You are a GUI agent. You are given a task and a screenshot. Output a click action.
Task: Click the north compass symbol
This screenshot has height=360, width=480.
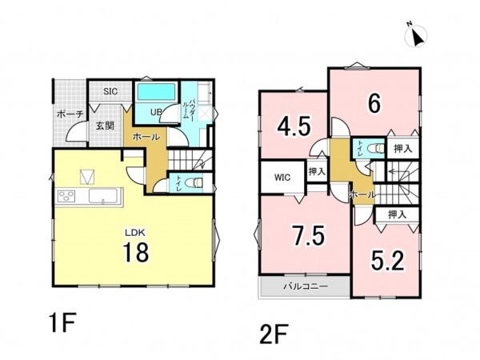(x=416, y=34)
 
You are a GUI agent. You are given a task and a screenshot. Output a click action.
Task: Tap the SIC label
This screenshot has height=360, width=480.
(x=110, y=91)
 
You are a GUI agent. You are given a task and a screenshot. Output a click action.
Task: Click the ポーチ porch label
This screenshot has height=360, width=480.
(x=70, y=114)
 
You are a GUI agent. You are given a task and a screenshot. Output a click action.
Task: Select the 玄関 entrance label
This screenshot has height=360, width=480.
(x=105, y=126)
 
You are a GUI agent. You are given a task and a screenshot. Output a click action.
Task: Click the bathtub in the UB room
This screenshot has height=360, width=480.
(x=156, y=92)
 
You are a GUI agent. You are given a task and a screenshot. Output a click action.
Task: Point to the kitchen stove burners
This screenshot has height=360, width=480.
(x=66, y=196)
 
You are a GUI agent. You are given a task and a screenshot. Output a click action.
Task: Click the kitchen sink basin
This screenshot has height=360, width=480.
(x=103, y=196)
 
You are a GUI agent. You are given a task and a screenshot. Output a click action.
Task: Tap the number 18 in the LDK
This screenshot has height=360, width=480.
(x=136, y=252)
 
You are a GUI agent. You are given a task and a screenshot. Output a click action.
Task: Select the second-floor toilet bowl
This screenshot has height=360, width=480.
(x=376, y=149)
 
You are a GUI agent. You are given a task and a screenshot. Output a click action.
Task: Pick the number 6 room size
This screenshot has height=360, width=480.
(x=374, y=103)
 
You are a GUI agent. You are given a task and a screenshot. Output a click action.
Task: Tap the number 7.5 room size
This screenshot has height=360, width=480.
(x=308, y=235)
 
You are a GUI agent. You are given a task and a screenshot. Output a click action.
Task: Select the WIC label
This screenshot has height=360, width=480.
(x=282, y=178)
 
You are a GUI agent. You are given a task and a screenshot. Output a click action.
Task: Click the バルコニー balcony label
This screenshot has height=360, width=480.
(x=306, y=286)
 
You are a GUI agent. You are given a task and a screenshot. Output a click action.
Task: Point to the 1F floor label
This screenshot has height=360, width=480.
(x=62, y=322)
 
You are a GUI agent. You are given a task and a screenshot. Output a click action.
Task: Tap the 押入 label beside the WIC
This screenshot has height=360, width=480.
(x=317, y=171)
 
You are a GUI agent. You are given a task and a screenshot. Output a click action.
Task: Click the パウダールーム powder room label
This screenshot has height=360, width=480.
(x=186, y=106)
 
